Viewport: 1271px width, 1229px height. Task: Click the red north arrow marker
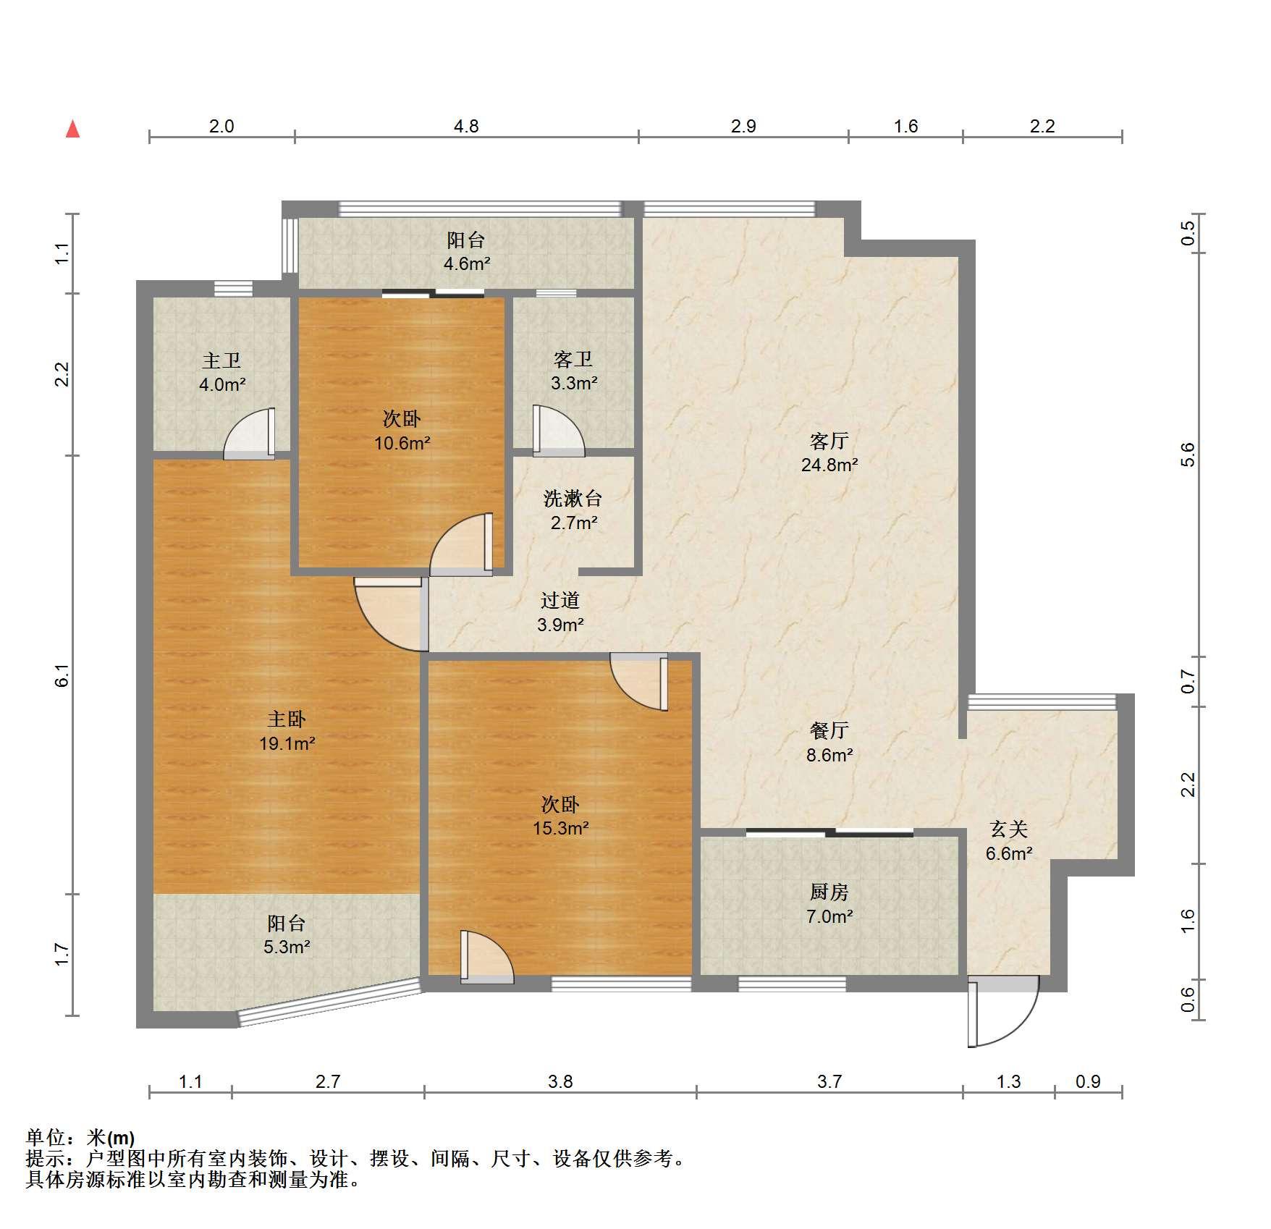pos(72,129)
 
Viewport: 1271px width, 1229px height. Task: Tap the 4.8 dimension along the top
pos(466,126)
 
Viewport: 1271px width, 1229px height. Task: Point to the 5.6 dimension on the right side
pos(1187,454)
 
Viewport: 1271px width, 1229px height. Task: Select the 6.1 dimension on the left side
pos(63,676)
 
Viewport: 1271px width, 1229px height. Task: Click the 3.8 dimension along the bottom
pos(560,1081)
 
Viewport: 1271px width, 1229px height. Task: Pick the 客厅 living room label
pos(829,440)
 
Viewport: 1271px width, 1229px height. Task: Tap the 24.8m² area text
pos(829,465)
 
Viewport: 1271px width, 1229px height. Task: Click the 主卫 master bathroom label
pos(221,360)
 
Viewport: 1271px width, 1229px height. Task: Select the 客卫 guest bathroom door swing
pos(558,431)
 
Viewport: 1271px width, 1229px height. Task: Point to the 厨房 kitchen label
pos(829,892)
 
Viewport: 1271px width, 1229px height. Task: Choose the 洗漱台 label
pos(573,498)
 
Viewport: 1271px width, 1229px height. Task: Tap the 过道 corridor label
pos(560,600)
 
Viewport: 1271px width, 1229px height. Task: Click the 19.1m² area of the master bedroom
pos(287,743)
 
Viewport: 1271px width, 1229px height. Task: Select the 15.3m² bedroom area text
pos(561,828)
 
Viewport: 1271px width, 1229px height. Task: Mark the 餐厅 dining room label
pos(829,730)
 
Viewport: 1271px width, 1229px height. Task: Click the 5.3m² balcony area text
pos(287,947)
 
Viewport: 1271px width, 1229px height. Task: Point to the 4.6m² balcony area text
pos(467,263)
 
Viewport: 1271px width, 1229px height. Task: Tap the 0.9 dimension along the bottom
pos(1088,1081)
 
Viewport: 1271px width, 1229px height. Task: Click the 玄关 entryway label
pos(1009,829)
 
